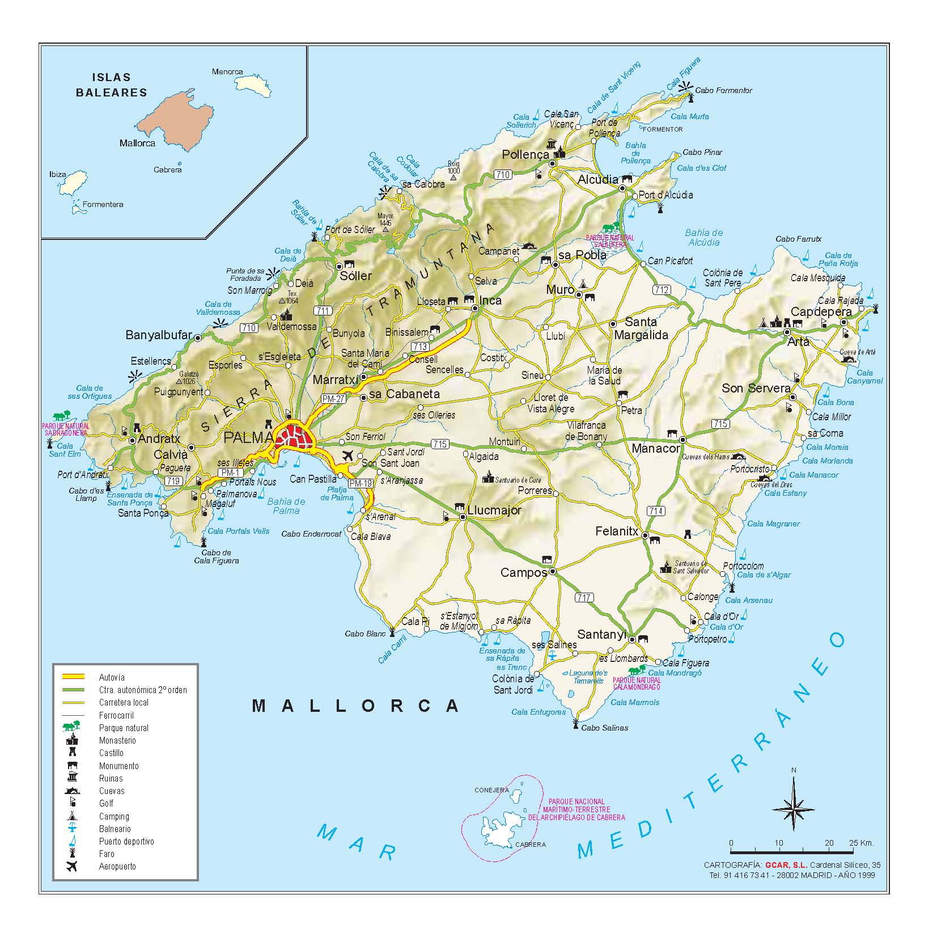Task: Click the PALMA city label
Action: [248, 437]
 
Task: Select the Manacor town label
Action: [655, 448]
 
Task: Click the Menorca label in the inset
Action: [227, 71]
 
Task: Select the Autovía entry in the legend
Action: [112, 677]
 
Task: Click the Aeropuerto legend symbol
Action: [72, 866]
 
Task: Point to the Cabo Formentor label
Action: [723, 90]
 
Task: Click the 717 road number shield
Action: [584, 597]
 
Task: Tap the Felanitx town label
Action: [617, 531]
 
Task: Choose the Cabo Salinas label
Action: [604, 728]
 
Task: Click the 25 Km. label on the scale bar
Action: [861, 843]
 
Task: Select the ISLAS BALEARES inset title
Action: [111, 85]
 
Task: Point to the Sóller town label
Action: [355, 276]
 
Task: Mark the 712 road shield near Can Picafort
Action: [661, 290]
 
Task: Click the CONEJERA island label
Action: [491, 790]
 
